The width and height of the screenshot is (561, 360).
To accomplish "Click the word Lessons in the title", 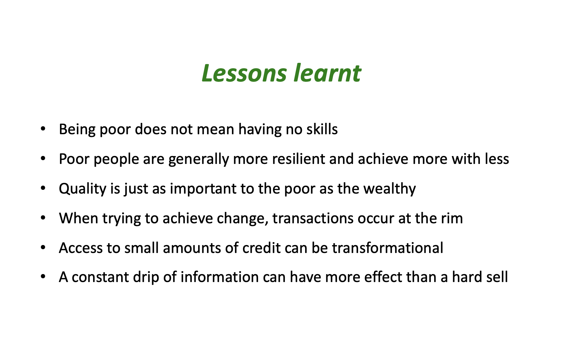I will click(x=244, y=73).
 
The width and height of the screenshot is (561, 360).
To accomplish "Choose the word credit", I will click(x=261, y=248).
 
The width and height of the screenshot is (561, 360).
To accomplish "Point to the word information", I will click(x=220, y=277).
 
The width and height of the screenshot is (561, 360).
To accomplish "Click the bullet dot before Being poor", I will click(x=44, y=129).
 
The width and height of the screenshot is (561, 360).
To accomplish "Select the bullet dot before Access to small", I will click(x=44, y=247).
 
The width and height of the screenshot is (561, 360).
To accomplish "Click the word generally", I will click(x=198, y=159).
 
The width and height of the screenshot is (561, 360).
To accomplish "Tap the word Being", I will click(x=77, y=129).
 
